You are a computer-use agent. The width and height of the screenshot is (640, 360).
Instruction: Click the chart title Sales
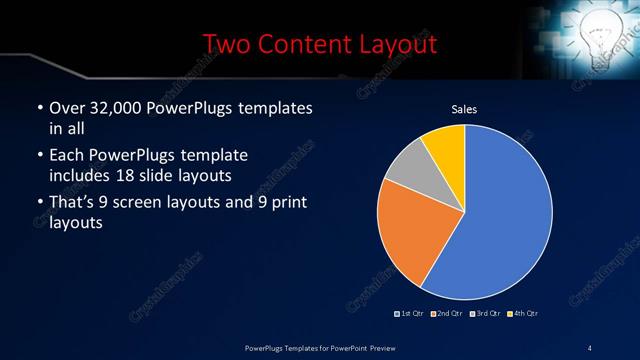click(x=464, y=109)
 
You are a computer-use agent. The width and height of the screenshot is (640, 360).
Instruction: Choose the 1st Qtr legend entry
click(x=410, y=313)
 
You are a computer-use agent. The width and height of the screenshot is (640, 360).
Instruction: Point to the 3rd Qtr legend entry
click(x=485, y=313)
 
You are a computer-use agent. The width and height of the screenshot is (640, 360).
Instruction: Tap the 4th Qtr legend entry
click(x=523, y=313)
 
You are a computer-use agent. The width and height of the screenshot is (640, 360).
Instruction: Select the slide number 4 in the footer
click(x=590, y=347)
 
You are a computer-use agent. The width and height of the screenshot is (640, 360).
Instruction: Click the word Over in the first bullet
click(x=66, y=108)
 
